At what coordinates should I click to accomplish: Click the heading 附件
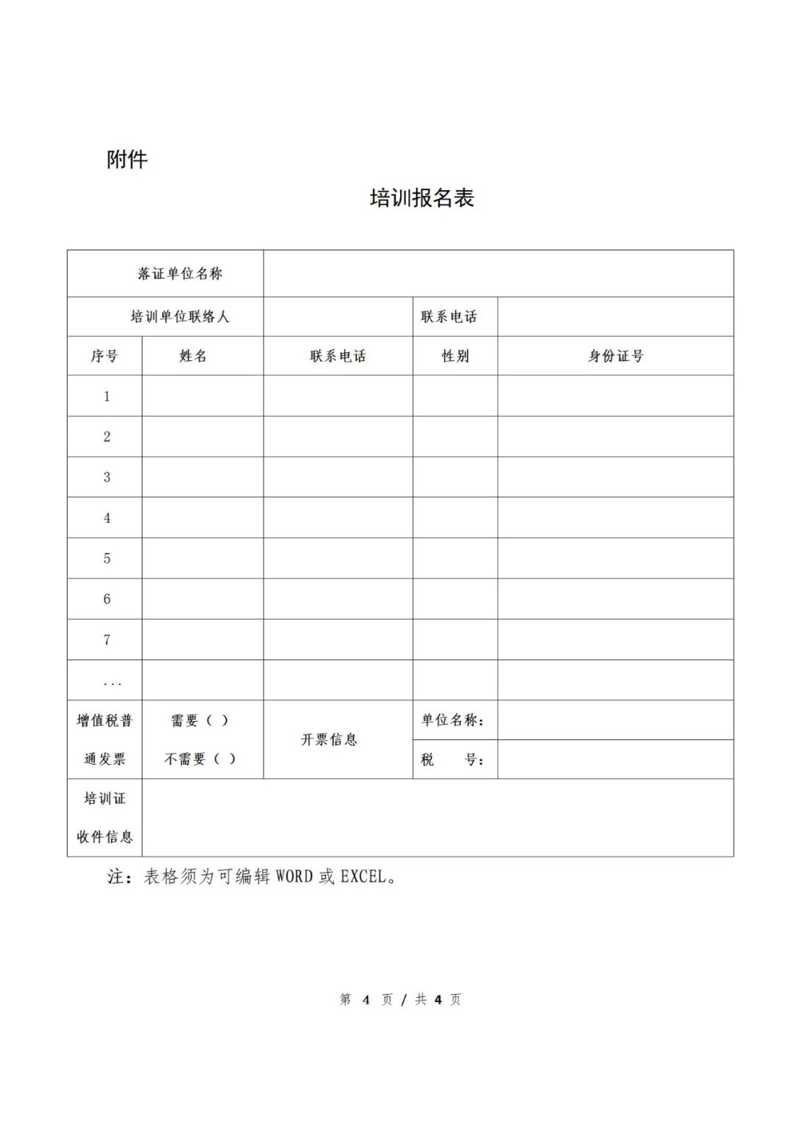[127, 159]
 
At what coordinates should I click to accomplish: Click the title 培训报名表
[422, 197]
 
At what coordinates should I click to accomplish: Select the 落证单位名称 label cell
[180, 274]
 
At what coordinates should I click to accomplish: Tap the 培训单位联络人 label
[180, 317]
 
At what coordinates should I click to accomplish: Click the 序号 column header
[104, 356]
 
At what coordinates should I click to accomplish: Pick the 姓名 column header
[193, 356]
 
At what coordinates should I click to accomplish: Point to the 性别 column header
[455, 356]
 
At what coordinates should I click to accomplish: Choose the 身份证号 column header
[615, 356]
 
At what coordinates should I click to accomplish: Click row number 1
[106, 396]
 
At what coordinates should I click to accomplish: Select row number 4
[106, 518]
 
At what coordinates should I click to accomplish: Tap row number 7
[106, 639]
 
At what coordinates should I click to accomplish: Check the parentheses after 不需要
[225, 759]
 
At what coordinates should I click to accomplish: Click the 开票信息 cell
[329, 740]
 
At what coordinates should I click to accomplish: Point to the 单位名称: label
[452, 720]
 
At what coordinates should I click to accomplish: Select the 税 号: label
[452, 760]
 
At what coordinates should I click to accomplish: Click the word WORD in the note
[294, 877]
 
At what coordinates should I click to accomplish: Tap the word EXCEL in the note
[363, 877]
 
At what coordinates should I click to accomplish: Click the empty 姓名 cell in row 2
[203, 437]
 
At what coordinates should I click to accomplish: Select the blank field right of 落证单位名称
[498, 274]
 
